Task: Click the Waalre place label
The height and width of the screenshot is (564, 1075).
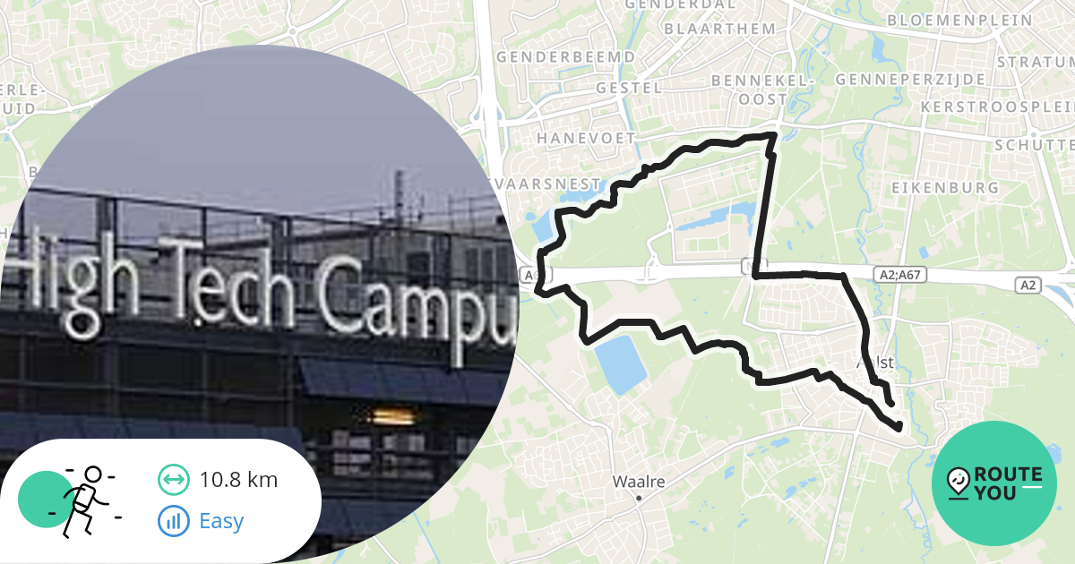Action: tap(638, 482)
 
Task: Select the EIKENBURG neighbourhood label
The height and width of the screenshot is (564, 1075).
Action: tap(945, 188)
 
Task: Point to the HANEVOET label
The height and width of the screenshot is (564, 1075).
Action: tap(586, 139)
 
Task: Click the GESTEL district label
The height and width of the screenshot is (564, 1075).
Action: tap(629, 89)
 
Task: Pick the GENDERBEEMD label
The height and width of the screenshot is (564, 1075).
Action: tap(565, 57)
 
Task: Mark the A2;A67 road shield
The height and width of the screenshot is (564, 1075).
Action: tap(899, 276)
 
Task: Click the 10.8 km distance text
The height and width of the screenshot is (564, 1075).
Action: tap(238, 480)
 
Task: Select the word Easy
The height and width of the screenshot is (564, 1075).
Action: tap(221, 521)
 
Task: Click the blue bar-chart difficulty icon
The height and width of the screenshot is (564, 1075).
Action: tap(174, 520)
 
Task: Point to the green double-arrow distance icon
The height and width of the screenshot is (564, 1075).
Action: tap(174, 480)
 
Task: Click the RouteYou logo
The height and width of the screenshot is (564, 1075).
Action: tap(994, 483)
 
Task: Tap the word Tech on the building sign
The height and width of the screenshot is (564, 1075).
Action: tap(236, 282)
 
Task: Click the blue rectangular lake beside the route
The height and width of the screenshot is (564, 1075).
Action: tap(619, 363)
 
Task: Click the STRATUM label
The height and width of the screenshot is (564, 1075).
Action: tap(1035, 63)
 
